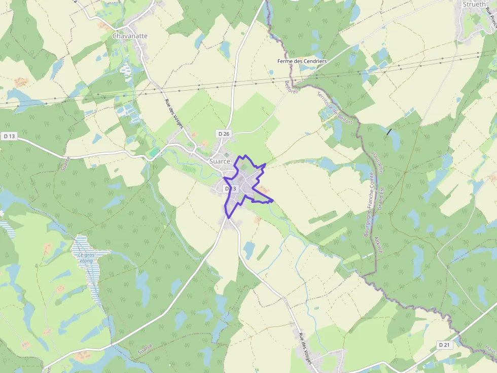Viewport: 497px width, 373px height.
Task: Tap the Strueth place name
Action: click(x=475, y=5)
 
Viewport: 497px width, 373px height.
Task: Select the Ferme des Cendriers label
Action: click(x=302, y=61)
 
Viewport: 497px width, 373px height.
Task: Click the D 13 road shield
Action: click(x=10, y=136)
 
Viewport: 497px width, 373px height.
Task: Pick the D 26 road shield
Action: click(x=224, y=134)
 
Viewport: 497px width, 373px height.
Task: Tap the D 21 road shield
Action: click(x=444, y=345)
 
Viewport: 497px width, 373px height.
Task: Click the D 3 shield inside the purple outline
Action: click(x=231, y=189)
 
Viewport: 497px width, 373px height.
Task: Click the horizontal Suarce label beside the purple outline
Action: click(x=220, y=161)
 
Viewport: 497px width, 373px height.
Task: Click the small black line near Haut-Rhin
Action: click(x=389, y=132)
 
